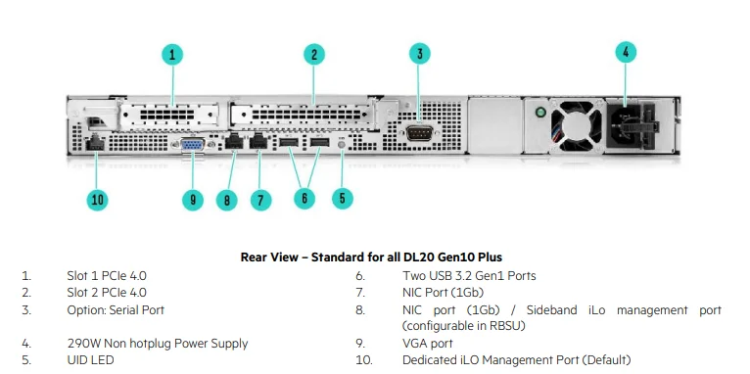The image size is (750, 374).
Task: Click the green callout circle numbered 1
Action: pos(172,54)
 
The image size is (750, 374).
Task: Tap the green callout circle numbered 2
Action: pos(313,54)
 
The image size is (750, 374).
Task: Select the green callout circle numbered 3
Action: pos(419,54)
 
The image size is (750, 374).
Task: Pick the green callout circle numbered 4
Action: pos(627,53)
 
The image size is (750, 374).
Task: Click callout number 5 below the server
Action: pos(342,198)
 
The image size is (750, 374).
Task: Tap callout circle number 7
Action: pos(259,200)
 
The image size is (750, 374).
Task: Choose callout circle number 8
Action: pos(227,200)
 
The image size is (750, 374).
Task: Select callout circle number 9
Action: pos(193,200)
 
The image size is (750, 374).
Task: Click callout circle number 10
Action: pos(96,200)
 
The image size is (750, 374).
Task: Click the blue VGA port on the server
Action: pos(193,146)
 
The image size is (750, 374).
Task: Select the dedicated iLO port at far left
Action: pos(95,145)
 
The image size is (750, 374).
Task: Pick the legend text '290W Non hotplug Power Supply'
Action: pos(157,344)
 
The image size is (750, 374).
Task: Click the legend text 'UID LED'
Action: pos(90,360)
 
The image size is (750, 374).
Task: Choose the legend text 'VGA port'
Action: pos(428,344)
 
